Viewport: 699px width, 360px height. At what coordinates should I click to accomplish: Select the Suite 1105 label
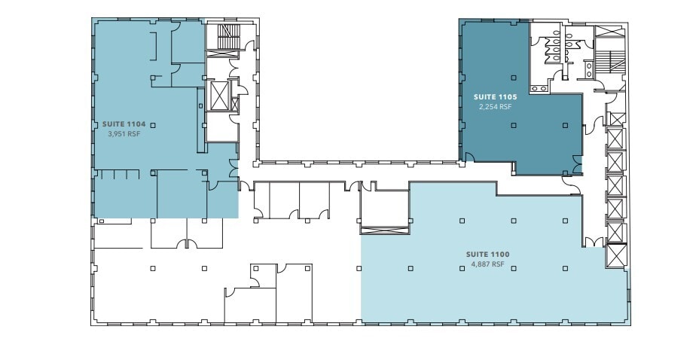coord(494,97)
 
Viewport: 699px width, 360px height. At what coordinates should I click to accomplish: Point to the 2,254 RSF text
coord(494,107)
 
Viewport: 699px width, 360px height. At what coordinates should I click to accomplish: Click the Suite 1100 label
coord(488,255)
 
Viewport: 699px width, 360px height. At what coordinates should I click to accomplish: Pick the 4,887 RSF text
coord(488,264)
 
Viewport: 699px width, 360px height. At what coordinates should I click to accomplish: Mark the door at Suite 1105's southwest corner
coord(468,157)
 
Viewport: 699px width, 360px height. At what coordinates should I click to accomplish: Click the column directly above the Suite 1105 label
coord(514,77)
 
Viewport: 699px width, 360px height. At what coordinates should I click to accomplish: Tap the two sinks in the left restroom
coord(539,88)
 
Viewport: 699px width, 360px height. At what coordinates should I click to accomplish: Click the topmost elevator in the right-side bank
coord(616,118)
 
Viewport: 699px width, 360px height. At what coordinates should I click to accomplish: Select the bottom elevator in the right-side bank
coord(616,256)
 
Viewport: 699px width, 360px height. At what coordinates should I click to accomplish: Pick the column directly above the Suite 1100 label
coord(514,221)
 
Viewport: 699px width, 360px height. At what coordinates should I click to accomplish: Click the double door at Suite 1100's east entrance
coord(594,242)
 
